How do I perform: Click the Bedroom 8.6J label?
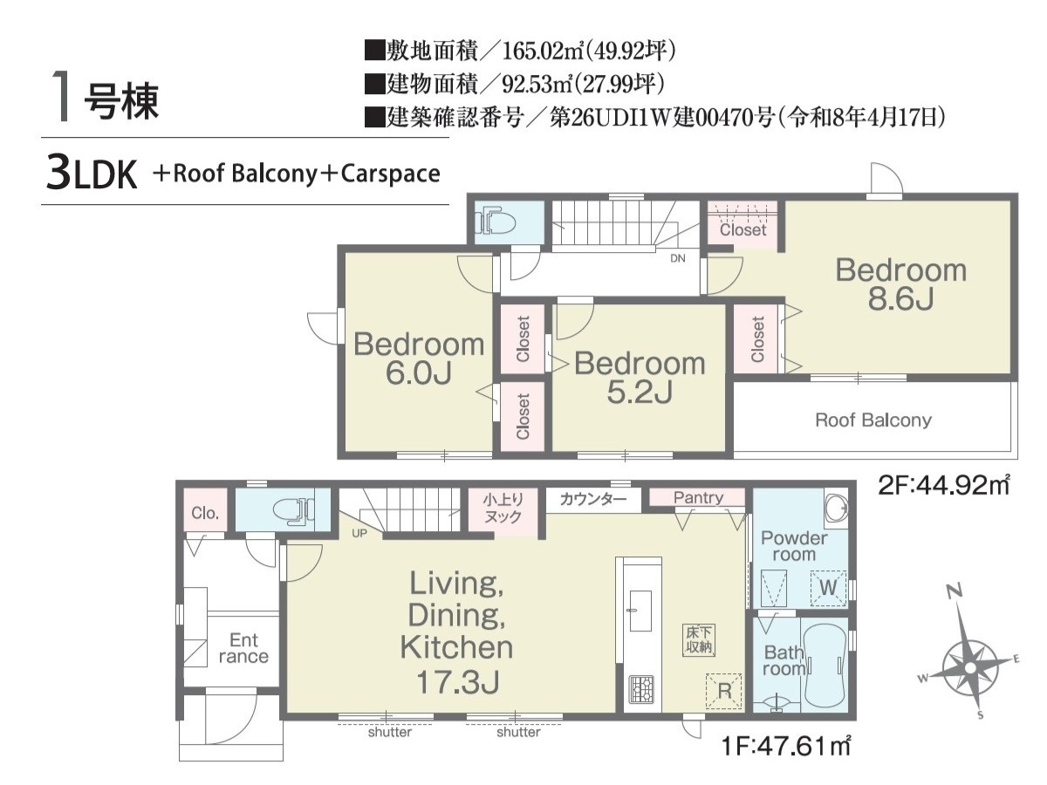click(x=900, y=284)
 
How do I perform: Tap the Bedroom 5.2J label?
click(x=640, y=378)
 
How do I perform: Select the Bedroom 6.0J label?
click(x=419, y=358)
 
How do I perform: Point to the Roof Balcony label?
click(x=872, y=420)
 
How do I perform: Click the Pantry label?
click(x=698, y=498)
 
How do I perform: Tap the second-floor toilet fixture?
click(x=496, y=220)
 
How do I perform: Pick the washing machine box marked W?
click(x=828, y=588)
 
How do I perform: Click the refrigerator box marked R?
click(x=723, y=691)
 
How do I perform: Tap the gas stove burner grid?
click(x=641, y=689)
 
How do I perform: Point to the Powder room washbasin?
click(x=837, y=509)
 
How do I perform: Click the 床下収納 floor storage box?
click(x=698, y=639)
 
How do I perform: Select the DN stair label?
click(x=677, y=258)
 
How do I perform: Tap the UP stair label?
click(x=359, y=533)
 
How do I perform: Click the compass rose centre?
click(x=970, y=666)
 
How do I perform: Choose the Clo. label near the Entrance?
click(x=205, y=513)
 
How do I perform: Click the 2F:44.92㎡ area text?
click(x=943, y=485)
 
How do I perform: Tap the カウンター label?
click(x=593, y=499)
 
